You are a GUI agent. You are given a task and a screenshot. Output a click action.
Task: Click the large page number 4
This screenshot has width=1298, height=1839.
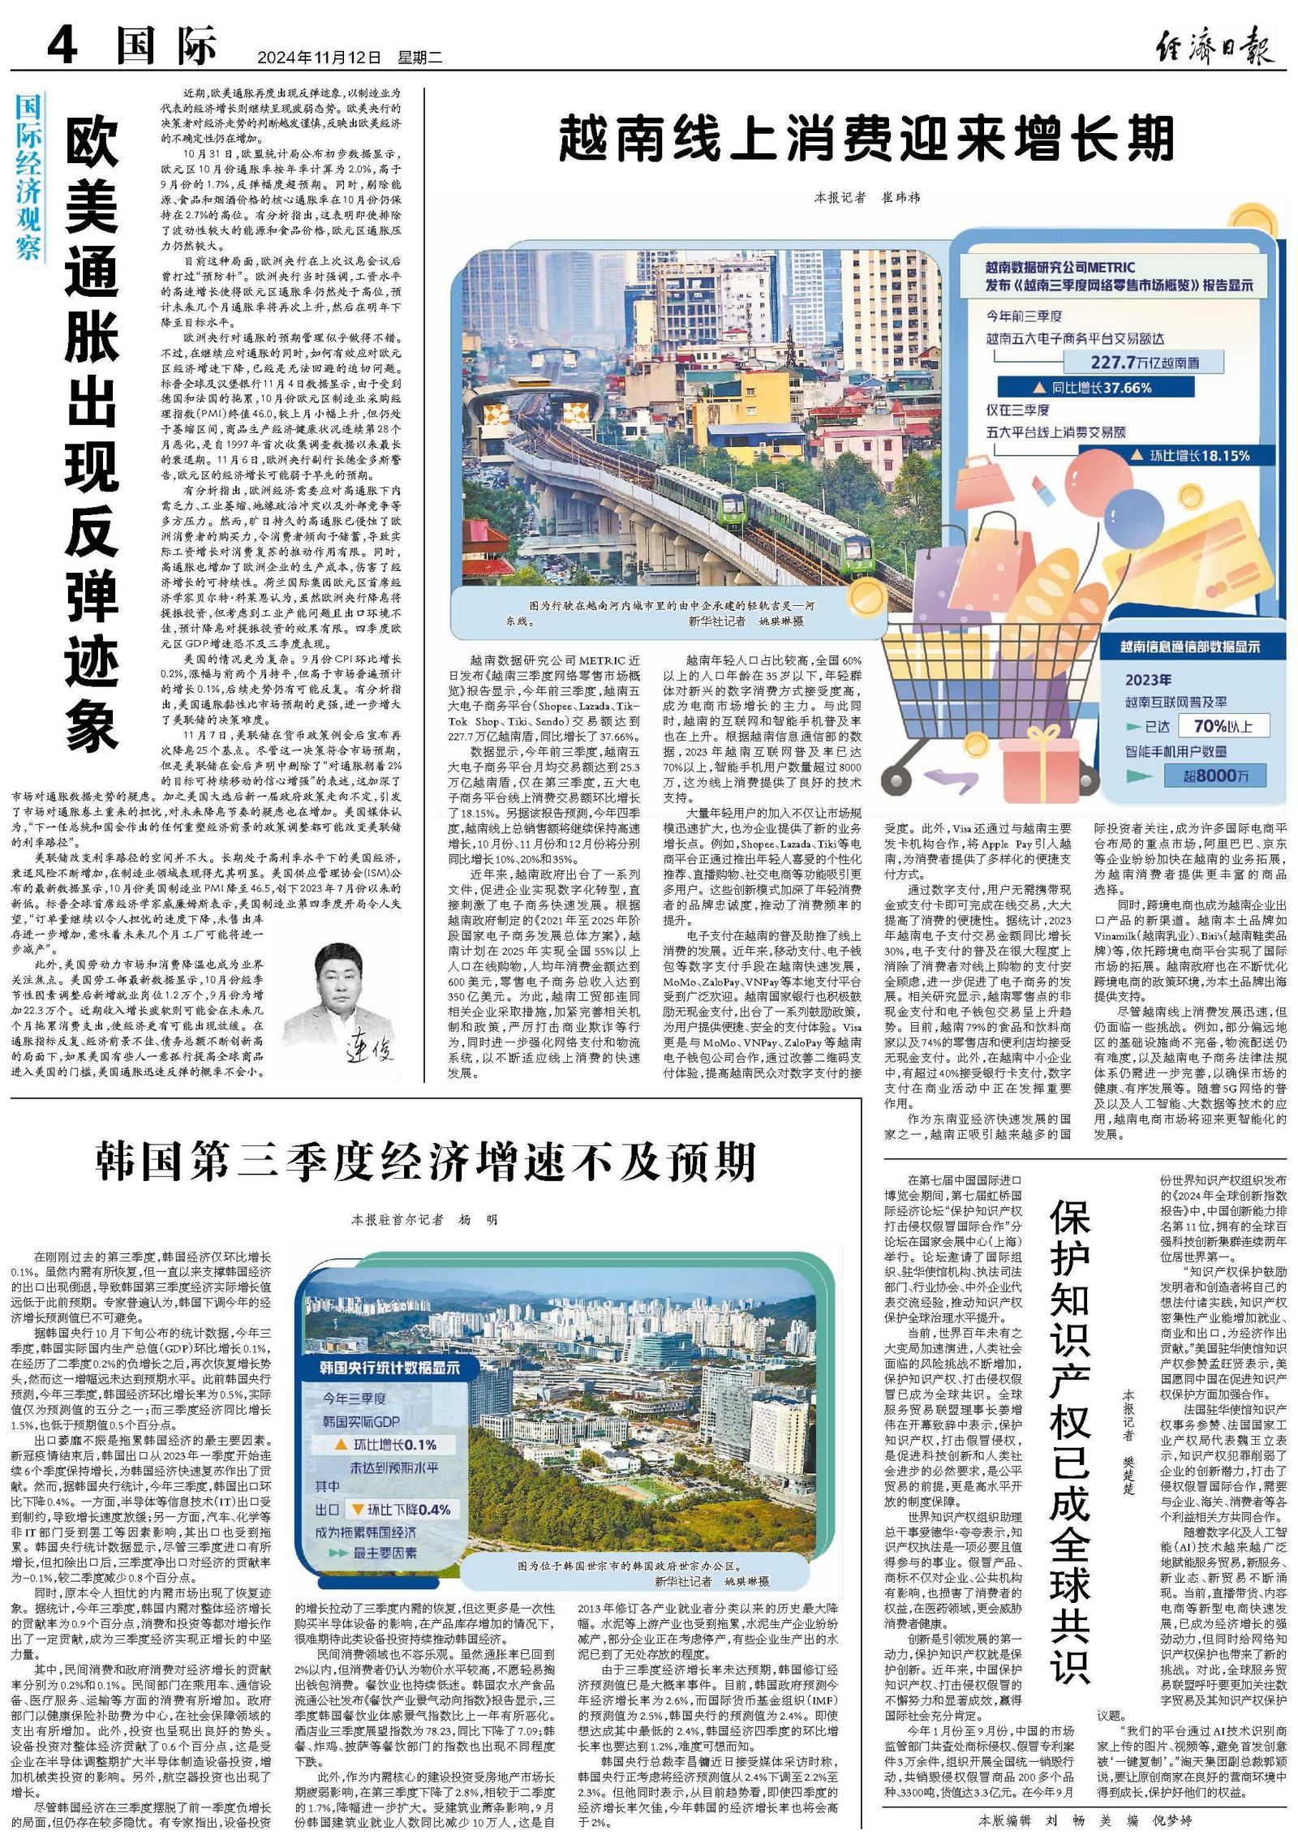point(62,45)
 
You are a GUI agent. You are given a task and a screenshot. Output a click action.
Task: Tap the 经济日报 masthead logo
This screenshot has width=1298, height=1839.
point(1214,45)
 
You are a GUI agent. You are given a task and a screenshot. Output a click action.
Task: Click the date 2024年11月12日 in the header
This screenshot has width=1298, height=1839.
point(318,58)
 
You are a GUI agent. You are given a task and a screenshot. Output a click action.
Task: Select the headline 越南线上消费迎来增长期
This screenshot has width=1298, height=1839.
point(866,138)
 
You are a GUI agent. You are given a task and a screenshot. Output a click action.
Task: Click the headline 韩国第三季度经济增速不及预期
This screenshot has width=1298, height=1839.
point(426,1162)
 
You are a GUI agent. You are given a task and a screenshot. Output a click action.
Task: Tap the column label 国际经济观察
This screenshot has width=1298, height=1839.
point(28,176)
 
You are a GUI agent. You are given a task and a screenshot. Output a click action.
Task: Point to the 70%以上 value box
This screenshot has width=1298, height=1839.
point(1223,726)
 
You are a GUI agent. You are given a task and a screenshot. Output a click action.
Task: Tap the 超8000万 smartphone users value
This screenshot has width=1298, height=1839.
point(1214,776)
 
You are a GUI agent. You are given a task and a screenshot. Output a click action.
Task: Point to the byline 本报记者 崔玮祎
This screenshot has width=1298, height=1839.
point(866,197)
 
